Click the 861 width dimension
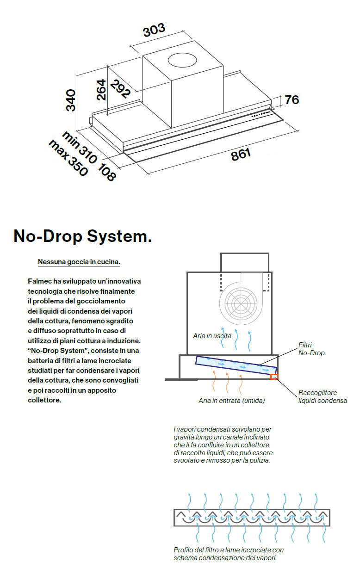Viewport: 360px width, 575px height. coord(241,155)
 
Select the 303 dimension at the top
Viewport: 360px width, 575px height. coord(154,31)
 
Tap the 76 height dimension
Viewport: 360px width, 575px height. coord(292,99)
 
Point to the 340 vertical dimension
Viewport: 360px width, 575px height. coord(70,100)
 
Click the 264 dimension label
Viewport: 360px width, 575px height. coord(101,90)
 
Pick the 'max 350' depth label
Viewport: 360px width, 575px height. coord(68,158)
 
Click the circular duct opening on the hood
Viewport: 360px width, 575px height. coord(183,60)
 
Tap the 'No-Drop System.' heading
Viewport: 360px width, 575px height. coord(82,236)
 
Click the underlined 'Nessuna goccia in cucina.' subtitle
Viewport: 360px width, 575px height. coord(79,262)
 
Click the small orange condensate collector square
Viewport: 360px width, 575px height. coord(274,377)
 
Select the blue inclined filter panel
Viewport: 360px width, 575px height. coord(236,364)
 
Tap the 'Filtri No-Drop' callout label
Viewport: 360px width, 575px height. coord(311,349)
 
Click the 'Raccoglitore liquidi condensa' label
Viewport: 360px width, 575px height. coord(322,396)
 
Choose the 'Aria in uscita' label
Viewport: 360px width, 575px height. coord(212,335)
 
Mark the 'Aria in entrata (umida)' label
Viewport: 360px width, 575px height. coord(231,401)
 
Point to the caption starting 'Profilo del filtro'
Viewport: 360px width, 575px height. coord(228,554)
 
